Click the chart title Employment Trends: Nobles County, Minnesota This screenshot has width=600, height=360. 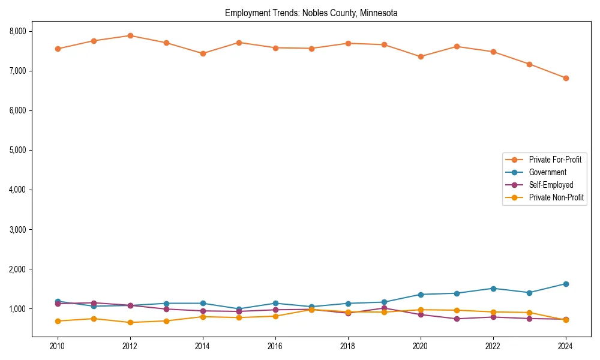[x=311, y=13]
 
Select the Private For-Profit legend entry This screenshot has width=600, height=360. [x=551, y=160]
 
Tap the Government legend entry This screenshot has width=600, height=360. [x=547, y=172]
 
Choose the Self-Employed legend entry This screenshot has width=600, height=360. [x=551, y=185]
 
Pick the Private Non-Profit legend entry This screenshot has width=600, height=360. [x=556, y=197]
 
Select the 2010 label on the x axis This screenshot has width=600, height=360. [x=58, y=346]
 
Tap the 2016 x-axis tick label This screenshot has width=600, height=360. [x=275, y=346]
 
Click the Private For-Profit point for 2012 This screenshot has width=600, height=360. [x=130, y=35]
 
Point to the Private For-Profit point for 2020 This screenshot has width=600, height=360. [x=421, y=56]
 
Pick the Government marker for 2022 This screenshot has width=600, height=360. [x=493, y=289]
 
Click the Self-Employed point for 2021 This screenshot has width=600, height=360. [x=457, y=319]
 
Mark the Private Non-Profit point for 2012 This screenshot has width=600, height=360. [x=130, y=322]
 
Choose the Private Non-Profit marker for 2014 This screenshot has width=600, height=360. [x=203, y=317]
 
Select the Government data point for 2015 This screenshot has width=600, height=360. [x=239, y=309]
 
